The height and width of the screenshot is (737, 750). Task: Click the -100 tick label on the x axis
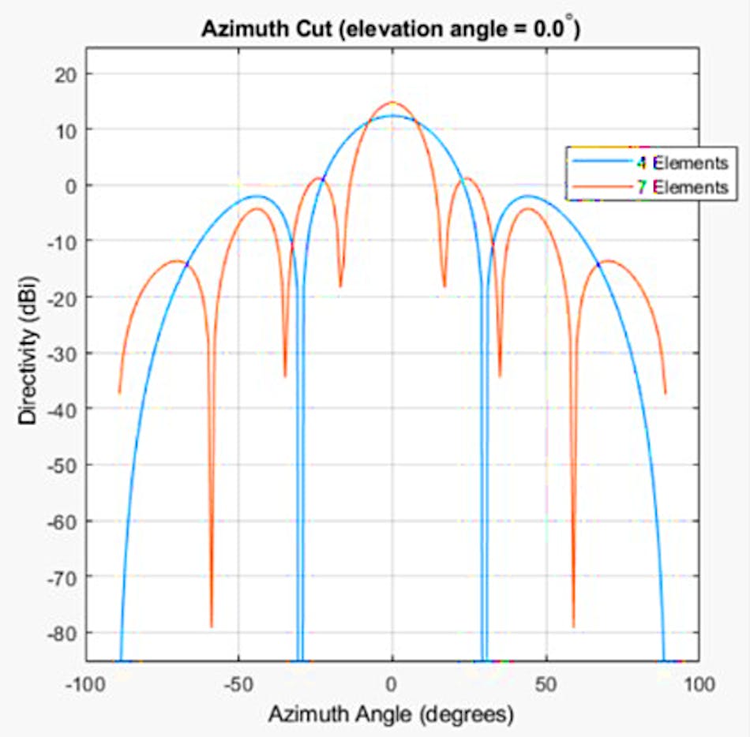click(84, 683)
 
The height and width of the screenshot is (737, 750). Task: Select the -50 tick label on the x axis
click(238, 683)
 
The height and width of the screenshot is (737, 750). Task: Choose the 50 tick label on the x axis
click(546, 683)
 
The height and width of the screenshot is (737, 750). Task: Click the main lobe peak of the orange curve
click(392, 103)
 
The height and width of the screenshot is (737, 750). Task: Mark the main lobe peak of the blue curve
click(392, 116)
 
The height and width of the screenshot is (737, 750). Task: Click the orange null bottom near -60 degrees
click(211, 627)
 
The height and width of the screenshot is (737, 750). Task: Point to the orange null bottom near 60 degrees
click(573, 627)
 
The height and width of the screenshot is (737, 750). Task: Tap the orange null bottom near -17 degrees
click(340, 286)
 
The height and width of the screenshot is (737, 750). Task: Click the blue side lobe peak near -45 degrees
click(257, 196)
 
